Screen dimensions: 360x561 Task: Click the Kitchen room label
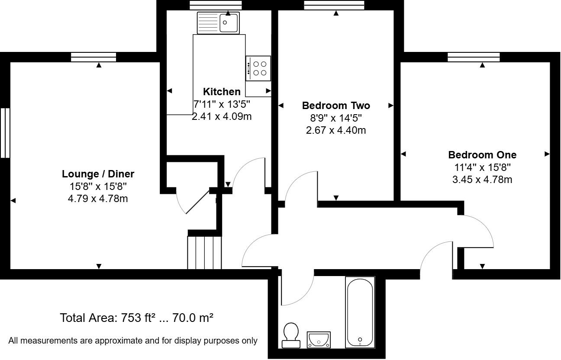pyautogui.click(x=222, y=92)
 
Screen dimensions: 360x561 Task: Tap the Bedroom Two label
pyautogui.click(x=336, y=106)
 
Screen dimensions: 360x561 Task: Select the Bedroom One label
pyautogui.click(x=482, y=155)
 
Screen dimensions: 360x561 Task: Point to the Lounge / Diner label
pyautogui.click(x=98, y=174)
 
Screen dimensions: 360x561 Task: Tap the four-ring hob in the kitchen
pyautogui.click(x=258, y=68)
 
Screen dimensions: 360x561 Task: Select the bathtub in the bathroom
pyautogui.click(x=359, y=312)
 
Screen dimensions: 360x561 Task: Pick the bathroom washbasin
pyautogui.click(x=319, y=340)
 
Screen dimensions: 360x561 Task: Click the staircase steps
pyautogui.click(x=205, y=252)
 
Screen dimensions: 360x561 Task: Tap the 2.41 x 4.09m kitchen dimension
pyautogui.click(x=222, y=116)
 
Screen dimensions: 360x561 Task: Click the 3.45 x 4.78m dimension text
pyautogui.click(x=482, y=180)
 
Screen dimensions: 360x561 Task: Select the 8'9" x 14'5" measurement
pyautogui.click(x=336, y=118)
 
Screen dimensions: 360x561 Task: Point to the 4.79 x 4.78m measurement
pyautogui.click(x=98, y=199)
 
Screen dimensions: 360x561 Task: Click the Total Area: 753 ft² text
pyautogui.click(x=136, y=318)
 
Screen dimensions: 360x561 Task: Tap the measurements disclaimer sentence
pyautogui.click(x=133, y=341)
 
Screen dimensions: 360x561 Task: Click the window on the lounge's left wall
pyautogui.click(x=5, y=132)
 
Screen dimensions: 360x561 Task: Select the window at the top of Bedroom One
pyautogui.click(x=474, y=57)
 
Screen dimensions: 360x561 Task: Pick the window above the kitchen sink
pyautogui.click(x=215, y=5)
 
